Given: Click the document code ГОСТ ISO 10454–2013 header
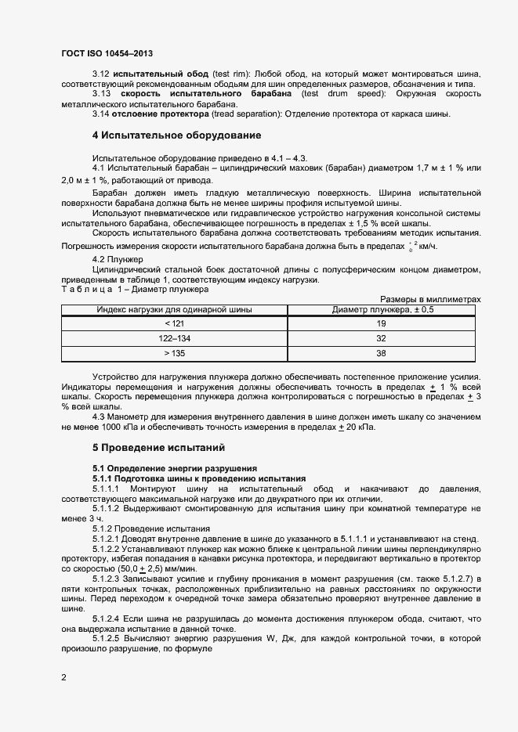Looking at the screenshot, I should [107, 53].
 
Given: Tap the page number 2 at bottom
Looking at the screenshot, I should [63, 677].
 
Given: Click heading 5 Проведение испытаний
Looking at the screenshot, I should [158, 448].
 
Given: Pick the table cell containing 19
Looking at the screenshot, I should [382, 323].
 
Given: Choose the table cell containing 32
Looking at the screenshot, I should [382, 339].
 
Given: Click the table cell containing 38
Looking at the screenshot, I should [382, 354].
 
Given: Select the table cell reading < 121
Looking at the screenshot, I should [174, 323].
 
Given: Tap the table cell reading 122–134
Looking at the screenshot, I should [174, 339].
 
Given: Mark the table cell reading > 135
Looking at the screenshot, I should [174, 354].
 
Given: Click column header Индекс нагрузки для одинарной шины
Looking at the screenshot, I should [174, 309].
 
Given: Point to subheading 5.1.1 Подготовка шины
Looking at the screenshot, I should [199, 478].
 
